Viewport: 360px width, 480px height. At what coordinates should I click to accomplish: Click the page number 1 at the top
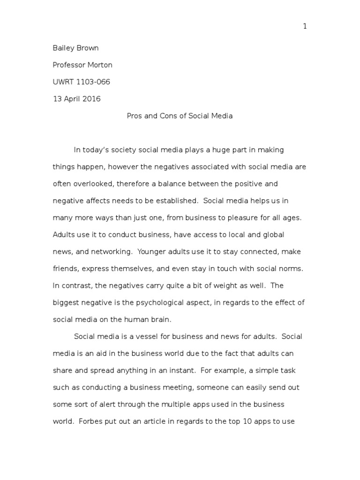pos(305,26)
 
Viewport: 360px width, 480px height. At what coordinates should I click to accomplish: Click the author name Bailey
pos(64,48)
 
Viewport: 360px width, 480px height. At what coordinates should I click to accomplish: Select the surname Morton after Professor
pos(99,65)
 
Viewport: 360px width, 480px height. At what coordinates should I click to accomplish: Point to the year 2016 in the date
pos(91,99)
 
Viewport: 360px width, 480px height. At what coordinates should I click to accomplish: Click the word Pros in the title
pos(135,116)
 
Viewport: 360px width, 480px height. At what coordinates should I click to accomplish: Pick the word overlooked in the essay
pos(89,184)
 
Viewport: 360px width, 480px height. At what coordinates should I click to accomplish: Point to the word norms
pos(292,269)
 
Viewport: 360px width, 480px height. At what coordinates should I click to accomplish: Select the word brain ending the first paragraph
pos(161,320)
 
